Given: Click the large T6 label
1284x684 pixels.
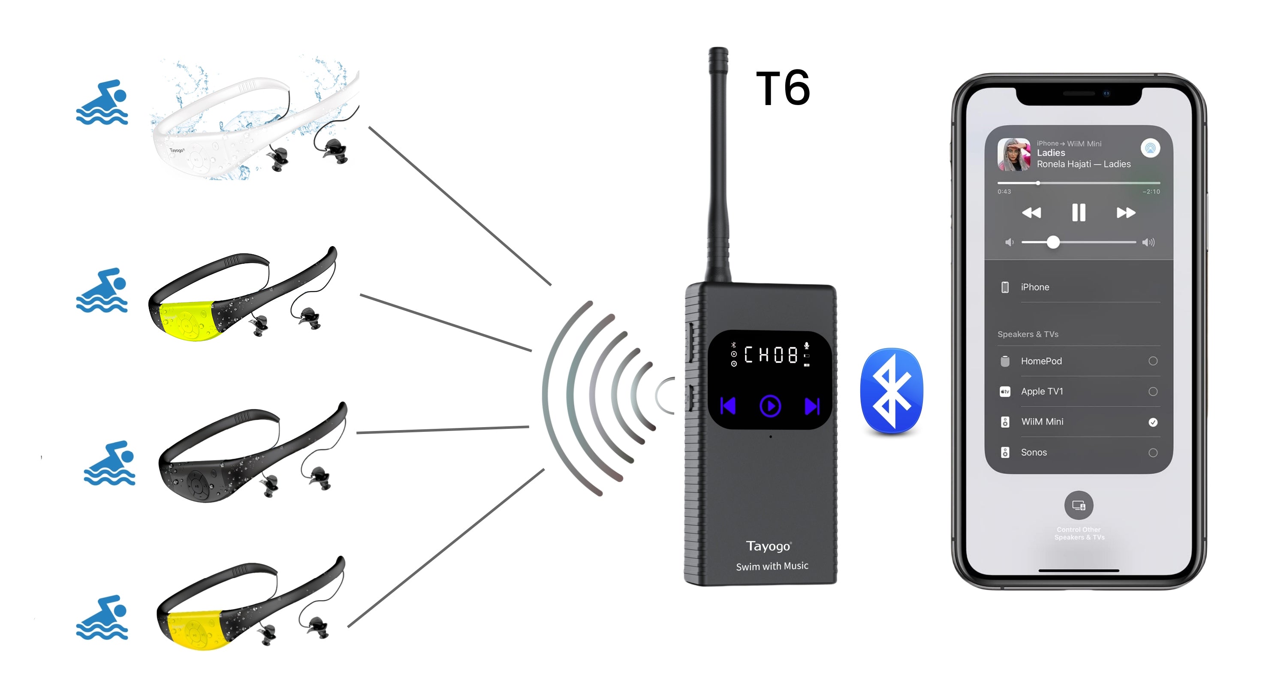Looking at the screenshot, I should click(x=783, y=88).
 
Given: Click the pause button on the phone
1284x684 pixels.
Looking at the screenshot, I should click(x=1079, y=213).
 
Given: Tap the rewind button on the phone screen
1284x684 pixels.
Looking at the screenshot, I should click(x=1031, y=213).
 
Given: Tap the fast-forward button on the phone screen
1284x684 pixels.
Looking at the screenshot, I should click(x=1125, y=213).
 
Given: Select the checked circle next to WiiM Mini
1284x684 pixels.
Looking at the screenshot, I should click(x=1153, y=422).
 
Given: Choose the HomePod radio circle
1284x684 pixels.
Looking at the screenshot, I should click(x=1153, y=361).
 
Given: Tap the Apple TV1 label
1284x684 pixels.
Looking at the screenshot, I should click(x=1042, y=392).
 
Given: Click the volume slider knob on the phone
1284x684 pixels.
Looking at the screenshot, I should click(x=1053, y=242).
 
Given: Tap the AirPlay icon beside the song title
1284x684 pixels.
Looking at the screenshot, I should click(x=1151, y=148).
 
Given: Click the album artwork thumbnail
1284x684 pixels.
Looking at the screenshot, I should click(x=1014, y=154).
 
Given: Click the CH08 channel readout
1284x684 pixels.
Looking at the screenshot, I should click(x=771, y=355).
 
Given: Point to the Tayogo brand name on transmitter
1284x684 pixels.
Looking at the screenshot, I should click(x=768, y=546).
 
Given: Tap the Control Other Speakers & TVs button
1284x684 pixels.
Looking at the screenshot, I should click(x=1079, y=506).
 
